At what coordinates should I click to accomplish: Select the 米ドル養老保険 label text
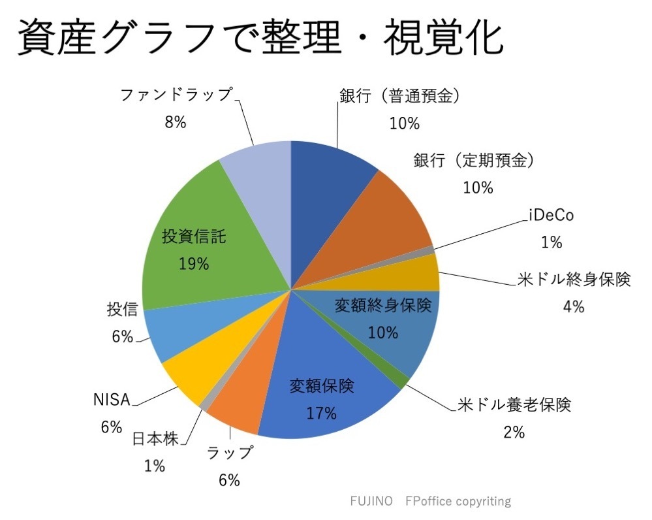[515, 406]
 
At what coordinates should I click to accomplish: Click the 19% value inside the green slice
[193, 264]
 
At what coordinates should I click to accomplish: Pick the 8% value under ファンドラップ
[176, 122]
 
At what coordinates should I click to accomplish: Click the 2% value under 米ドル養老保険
[514, 432]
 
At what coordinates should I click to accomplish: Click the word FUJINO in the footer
[371, 501]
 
